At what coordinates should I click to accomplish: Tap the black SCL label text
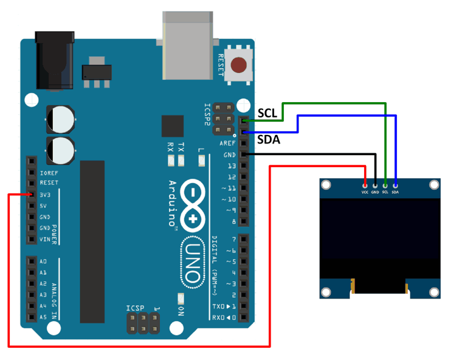[x=268, y=113]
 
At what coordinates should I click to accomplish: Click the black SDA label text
[x=268, y=140]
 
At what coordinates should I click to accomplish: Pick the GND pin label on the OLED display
[x=375, y=192]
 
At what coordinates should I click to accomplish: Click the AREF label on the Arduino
[x=227, y=144]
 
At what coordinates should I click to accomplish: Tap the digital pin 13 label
[x=231, y=166]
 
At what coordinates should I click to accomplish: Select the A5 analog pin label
[x=43, y=317]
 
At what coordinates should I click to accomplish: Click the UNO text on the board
[x=192, y=262]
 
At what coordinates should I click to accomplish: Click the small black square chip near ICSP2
[x=172, y=126]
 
